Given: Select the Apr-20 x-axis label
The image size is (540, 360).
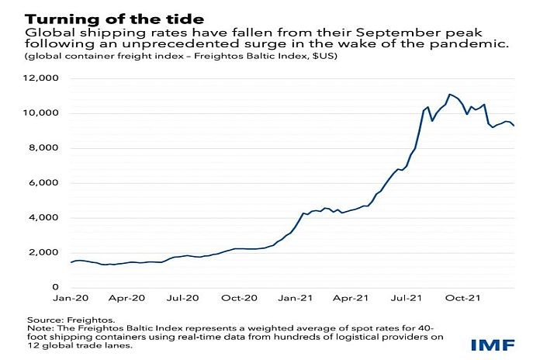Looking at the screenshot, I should [x=128, y=297].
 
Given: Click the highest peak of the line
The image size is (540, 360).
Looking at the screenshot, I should [x=449, y=94].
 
